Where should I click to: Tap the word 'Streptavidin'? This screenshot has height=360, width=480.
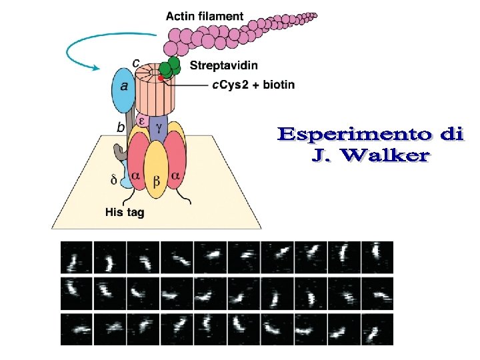[x=223, y=65]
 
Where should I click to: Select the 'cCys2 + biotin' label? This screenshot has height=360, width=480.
[x=253, y=85]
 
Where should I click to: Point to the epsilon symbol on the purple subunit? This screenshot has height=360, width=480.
[x=141, y=121]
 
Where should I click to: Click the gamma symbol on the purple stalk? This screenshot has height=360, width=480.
[x=159, y=126]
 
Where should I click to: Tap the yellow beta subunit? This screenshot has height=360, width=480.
[x=156, y=171]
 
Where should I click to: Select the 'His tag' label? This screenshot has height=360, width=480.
[x=125, y=213]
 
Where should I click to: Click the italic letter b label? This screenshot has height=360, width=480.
[x=120, y=126]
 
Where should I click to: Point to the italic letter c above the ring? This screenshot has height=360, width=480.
[x=136, y=63]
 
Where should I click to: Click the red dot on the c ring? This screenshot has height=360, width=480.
[x=161, y=78]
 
